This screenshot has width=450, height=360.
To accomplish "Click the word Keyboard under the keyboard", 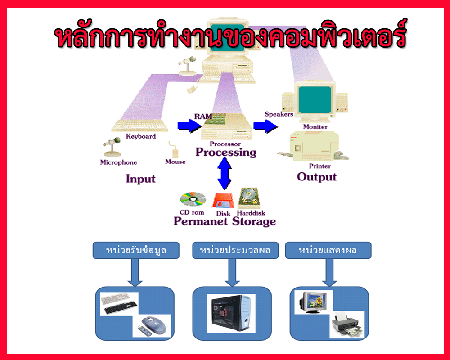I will click(x=141, y=136).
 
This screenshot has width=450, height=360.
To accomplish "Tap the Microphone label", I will click(x=118, y=162).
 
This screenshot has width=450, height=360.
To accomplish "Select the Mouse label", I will click(x=175, y=162).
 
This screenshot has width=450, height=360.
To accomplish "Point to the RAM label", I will click(x=203, y=116).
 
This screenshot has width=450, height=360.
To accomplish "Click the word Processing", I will click(x=226, y=152).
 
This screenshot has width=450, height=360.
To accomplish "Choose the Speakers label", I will click(x=279, y=114).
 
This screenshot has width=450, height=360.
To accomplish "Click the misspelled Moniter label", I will click(x=315, y=127).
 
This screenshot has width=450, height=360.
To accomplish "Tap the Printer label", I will click(x=320, y=166).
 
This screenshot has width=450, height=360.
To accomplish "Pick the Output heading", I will click(x=317, y=177).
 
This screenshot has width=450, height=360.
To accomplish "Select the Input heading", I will click(x=140, y=179).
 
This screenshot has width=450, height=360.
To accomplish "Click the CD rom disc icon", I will click(x=193, y=199).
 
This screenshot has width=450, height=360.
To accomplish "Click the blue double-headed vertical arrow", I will click(x=224, y=173).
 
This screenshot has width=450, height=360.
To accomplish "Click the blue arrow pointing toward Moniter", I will click(x=265, y=126).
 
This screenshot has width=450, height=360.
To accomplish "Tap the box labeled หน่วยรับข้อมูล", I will click(x=136, y=251).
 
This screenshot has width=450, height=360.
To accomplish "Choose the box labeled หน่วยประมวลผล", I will click(x=232, y=251).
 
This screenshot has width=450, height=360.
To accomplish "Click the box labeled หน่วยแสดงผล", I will click(x=328, y=251).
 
